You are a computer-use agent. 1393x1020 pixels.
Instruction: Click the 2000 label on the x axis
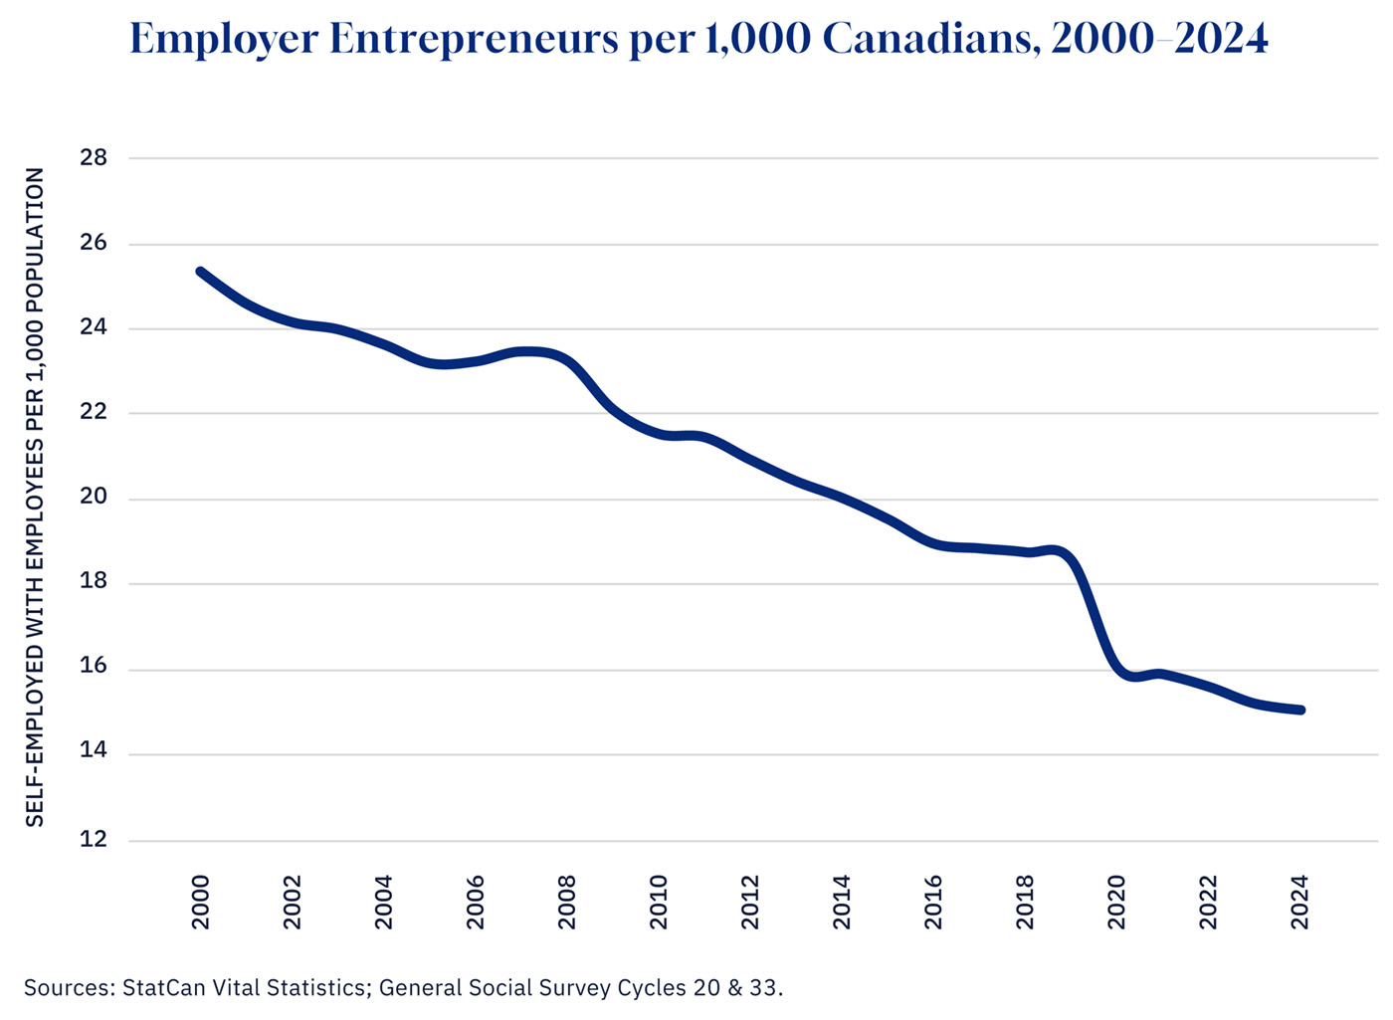coord(201,902)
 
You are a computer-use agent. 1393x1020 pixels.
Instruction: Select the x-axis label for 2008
coord(567,902)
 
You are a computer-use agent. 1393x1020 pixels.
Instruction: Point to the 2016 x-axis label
coord(933,902)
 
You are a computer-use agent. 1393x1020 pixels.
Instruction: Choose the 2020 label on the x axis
coord(1116,902)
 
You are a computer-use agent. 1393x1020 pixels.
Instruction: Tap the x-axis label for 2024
coord(1299,902)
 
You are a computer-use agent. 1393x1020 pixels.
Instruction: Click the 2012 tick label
coord(750,902)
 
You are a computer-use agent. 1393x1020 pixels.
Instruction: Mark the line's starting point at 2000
coord(201,272)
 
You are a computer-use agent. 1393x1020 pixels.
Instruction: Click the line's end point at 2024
coord(1299,710)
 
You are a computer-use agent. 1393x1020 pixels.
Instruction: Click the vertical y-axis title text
coord(36,498)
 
